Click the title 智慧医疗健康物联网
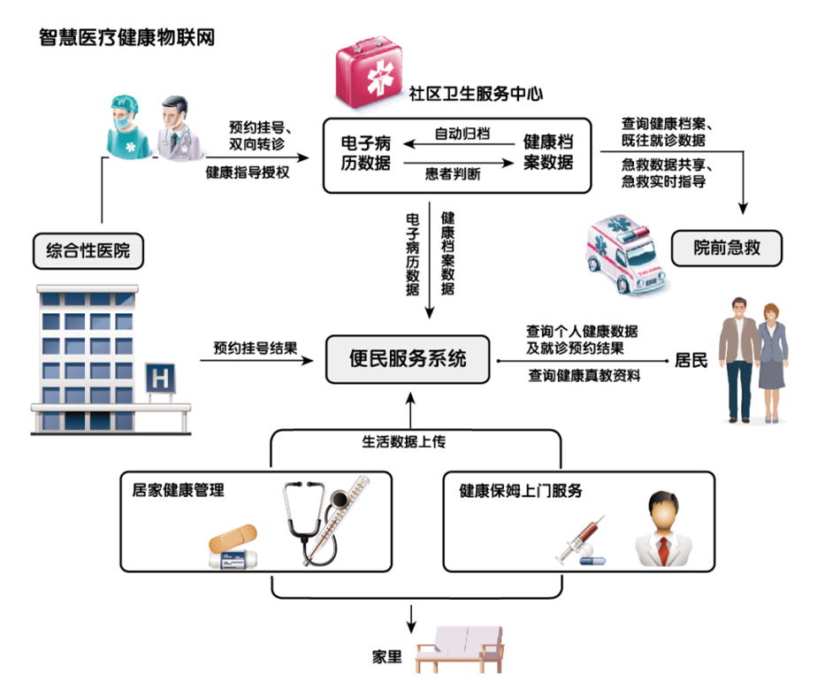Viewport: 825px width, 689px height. pos(126,38)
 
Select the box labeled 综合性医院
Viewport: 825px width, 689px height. pos(88,250)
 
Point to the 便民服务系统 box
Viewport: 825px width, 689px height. pos(408,359)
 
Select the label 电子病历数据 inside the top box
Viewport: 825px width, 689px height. pos(366,152)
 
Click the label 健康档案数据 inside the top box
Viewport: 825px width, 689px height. pos(548,152)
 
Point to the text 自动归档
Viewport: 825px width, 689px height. pos(462,134)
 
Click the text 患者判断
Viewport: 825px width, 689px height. pos(453,174)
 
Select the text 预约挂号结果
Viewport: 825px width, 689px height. pos(255,348)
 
